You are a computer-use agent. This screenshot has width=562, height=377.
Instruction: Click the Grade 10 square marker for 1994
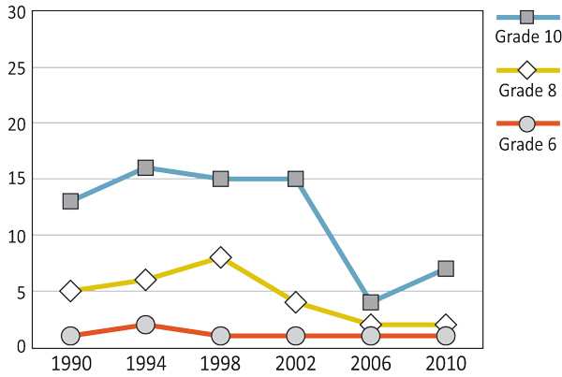tap(145, 167)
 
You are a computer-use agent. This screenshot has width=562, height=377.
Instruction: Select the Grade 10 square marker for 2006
tap(371, 302)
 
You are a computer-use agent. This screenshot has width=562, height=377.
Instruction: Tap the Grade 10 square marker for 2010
tap(446, 268)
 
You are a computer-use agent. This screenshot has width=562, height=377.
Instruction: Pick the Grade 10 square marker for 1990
tap(70, 201)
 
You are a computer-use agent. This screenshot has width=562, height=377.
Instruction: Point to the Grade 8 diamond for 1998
tap(220, 256)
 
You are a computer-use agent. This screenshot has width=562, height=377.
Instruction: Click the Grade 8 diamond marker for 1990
tap(70, 291)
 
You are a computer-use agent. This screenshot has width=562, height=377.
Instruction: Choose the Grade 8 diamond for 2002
tap(295, 302)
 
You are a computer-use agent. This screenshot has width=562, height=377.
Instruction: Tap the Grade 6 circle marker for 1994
tap(145, 325)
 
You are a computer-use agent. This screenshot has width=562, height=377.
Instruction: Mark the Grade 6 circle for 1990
tap(70, 336)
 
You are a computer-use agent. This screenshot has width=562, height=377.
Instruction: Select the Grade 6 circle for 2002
tap(295, 336)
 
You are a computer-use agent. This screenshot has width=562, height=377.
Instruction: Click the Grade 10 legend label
tap(528, 36)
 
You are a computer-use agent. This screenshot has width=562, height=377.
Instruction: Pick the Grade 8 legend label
tap(528, 91)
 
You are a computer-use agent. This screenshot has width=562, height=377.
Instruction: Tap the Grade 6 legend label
tap(527, 144)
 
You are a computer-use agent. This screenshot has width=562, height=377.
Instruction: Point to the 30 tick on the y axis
tap(17, 11)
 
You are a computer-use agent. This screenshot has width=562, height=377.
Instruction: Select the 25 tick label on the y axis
tap(17, 67)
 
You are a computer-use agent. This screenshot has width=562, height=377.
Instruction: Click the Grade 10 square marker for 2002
tap(295, 179)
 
